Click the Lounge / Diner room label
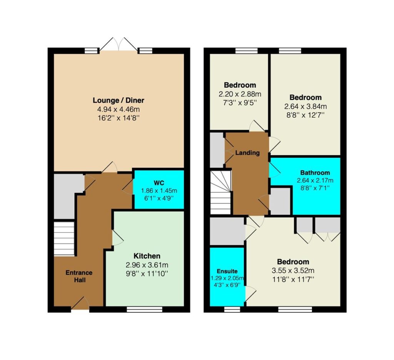coord(119,100)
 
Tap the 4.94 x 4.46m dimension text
coord(119,109)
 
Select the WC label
coord(159,183)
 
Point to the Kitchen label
coord(147,256)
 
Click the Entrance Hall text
coord(79,276)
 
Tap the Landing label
coord(247,153)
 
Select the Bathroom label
coord(315,173)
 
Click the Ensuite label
coord(227,271)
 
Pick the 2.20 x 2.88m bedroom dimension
coord(240,94)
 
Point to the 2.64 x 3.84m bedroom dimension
coord(306,107)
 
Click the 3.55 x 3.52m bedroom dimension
coord(293,270)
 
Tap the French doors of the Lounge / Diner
coord(119,45)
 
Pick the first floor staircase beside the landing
coord(220,192)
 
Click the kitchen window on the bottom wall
coord(145,309)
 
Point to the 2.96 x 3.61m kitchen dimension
coord(147,265)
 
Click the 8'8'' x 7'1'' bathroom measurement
coord(315,188)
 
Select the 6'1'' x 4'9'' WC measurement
coord(159,198)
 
